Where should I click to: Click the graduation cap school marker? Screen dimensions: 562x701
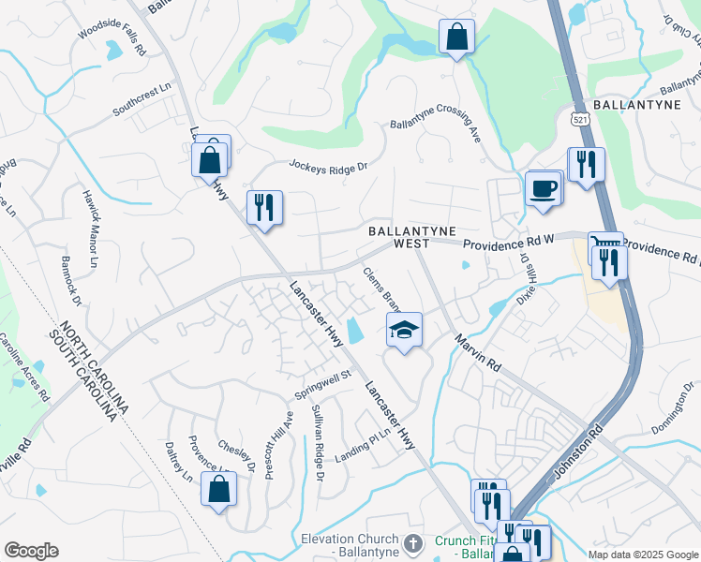[405, 330]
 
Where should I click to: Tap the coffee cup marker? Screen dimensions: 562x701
[543, 188]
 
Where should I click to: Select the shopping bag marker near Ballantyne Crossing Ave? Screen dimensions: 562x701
[456, 38]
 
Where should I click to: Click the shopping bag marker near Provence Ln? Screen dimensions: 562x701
[218, 489]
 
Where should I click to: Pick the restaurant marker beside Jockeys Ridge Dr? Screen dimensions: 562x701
[264, 207]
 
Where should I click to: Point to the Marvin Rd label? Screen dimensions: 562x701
[477, 353]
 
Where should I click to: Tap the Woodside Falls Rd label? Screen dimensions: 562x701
[112, 41]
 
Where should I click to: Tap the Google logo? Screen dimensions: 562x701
[31, 551]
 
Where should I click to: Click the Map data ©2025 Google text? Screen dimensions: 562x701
[642, 555]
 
